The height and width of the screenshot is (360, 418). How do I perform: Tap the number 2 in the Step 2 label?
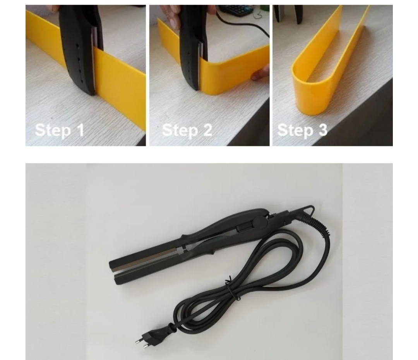207,130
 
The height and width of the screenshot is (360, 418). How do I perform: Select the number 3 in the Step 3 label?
322,130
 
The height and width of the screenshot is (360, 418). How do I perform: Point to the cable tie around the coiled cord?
231,288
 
